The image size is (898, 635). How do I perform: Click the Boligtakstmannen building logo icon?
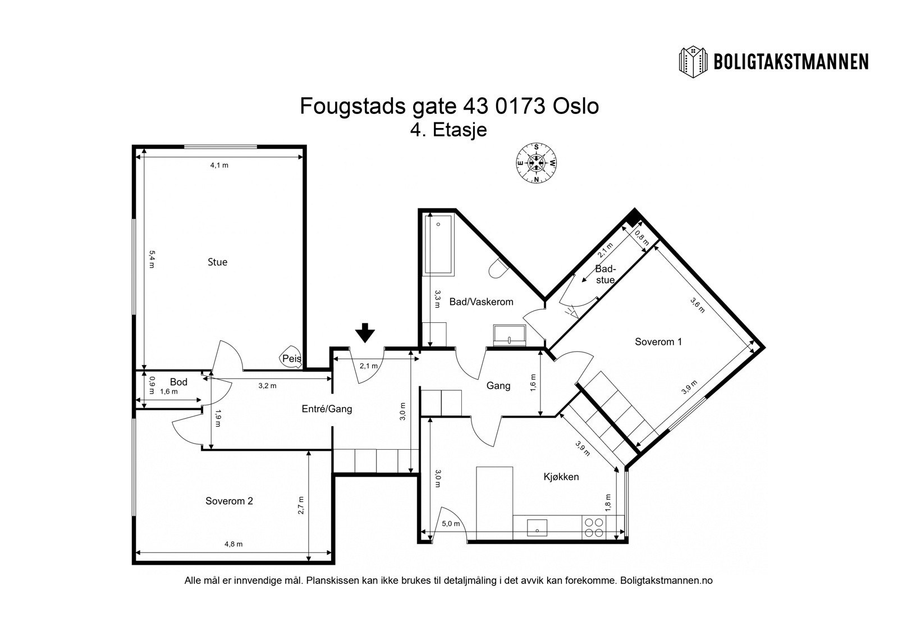point(694,62)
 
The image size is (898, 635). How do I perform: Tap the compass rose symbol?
point(537,163)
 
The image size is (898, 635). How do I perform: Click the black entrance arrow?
point(365,332)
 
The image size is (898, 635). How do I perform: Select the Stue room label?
point(217,262)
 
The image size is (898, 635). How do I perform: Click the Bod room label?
point(178,382)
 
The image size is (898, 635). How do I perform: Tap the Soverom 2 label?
point(229,501)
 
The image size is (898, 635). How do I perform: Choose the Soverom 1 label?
point(658,341)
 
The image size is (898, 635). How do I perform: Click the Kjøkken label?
point(561,477)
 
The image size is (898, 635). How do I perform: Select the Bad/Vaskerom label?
point(481,302)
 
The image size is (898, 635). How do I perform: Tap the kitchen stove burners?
point(594,527)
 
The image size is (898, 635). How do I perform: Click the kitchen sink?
point(537,527)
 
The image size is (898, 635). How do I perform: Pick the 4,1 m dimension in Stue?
point(219,165)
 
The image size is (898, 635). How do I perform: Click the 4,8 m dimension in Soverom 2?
point(233,543)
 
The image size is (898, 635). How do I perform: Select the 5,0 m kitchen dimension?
point(451,524)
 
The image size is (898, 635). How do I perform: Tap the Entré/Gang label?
point(327,409)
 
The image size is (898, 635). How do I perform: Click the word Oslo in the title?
point(576,106)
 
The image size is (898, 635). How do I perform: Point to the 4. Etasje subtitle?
point(448,130)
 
